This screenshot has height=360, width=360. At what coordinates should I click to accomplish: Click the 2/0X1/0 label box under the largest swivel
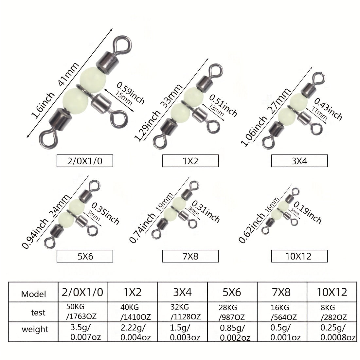pos(85,161)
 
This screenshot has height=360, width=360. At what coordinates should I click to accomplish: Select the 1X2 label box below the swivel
pos(190,161)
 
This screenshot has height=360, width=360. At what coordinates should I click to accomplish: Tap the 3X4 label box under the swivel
pos(299,161)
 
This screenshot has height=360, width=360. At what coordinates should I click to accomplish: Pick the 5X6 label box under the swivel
pos(85,256)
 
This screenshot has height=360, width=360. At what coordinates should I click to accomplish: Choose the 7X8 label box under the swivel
pos(190,256)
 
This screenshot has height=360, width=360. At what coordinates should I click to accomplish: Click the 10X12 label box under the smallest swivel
pos(299,256)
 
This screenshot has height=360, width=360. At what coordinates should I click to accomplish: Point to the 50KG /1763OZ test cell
pos(83,312)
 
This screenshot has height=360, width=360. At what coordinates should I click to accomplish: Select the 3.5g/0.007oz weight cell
pos(83,332)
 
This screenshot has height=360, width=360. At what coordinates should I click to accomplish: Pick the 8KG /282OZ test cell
pos(332,312)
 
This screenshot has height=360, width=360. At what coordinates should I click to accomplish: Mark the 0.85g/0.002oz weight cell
pos(232,332)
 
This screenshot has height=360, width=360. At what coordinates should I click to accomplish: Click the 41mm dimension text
pos(69,74)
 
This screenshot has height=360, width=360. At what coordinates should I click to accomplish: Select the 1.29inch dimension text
pos(147,126)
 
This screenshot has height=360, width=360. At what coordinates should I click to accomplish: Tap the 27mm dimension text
pos(279,100)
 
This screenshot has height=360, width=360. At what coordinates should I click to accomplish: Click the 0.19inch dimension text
pos(308,212)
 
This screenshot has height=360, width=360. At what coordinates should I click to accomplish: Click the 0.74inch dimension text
pos(142,228)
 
